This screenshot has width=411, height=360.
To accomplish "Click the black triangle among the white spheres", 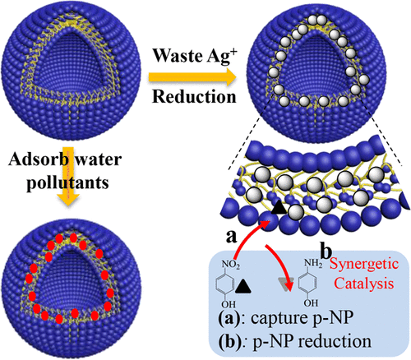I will [280, 212].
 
